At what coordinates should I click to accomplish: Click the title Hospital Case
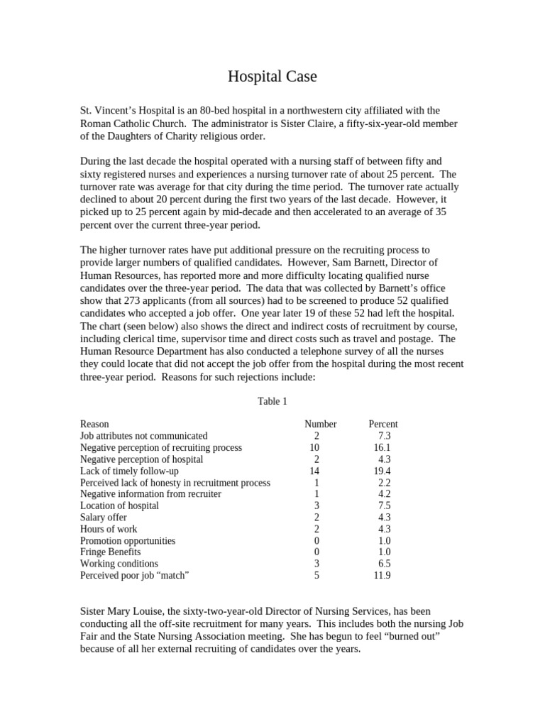click(272, 77)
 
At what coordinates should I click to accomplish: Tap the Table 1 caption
click(272, 402)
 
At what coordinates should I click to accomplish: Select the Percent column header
click(383, 425)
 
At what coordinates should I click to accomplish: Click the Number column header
click(320, 425)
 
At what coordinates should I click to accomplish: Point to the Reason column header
click(94, 425)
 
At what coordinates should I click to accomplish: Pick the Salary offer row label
click(104, 518)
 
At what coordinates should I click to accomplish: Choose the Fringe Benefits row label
click(110, 552)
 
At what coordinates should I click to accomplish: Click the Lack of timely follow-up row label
click(129, 471)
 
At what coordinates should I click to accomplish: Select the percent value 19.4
click(382, 471)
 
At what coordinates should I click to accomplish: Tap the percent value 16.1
click(382, 448)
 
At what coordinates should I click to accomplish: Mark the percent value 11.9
click(382, 576)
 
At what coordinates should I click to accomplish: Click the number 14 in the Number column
click(315, 471)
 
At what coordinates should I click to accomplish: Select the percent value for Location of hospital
click(384, 506)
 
